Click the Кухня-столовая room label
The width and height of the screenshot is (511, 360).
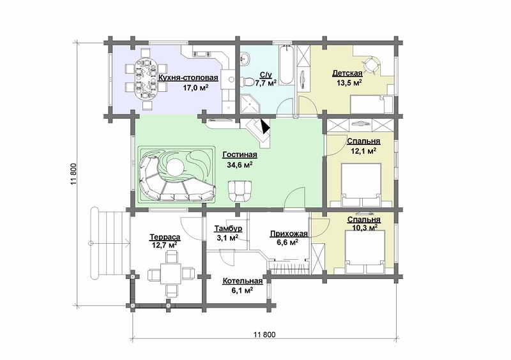pos(188,78)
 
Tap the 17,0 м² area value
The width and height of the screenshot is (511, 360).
pos(196,88)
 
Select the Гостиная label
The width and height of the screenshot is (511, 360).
pos(240,154)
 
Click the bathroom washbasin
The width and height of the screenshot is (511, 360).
pos(245,59)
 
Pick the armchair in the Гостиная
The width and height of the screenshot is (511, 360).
pos(240,191)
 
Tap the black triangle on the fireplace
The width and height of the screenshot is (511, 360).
pos(265,126)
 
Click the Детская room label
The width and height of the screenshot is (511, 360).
pos(347,73)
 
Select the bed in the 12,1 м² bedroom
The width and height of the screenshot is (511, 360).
pos(361,184)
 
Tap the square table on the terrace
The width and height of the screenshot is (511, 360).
pos(171,273)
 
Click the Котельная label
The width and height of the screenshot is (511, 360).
pos(243,281)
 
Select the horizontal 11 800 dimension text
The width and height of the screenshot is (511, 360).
pos(264,334)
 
